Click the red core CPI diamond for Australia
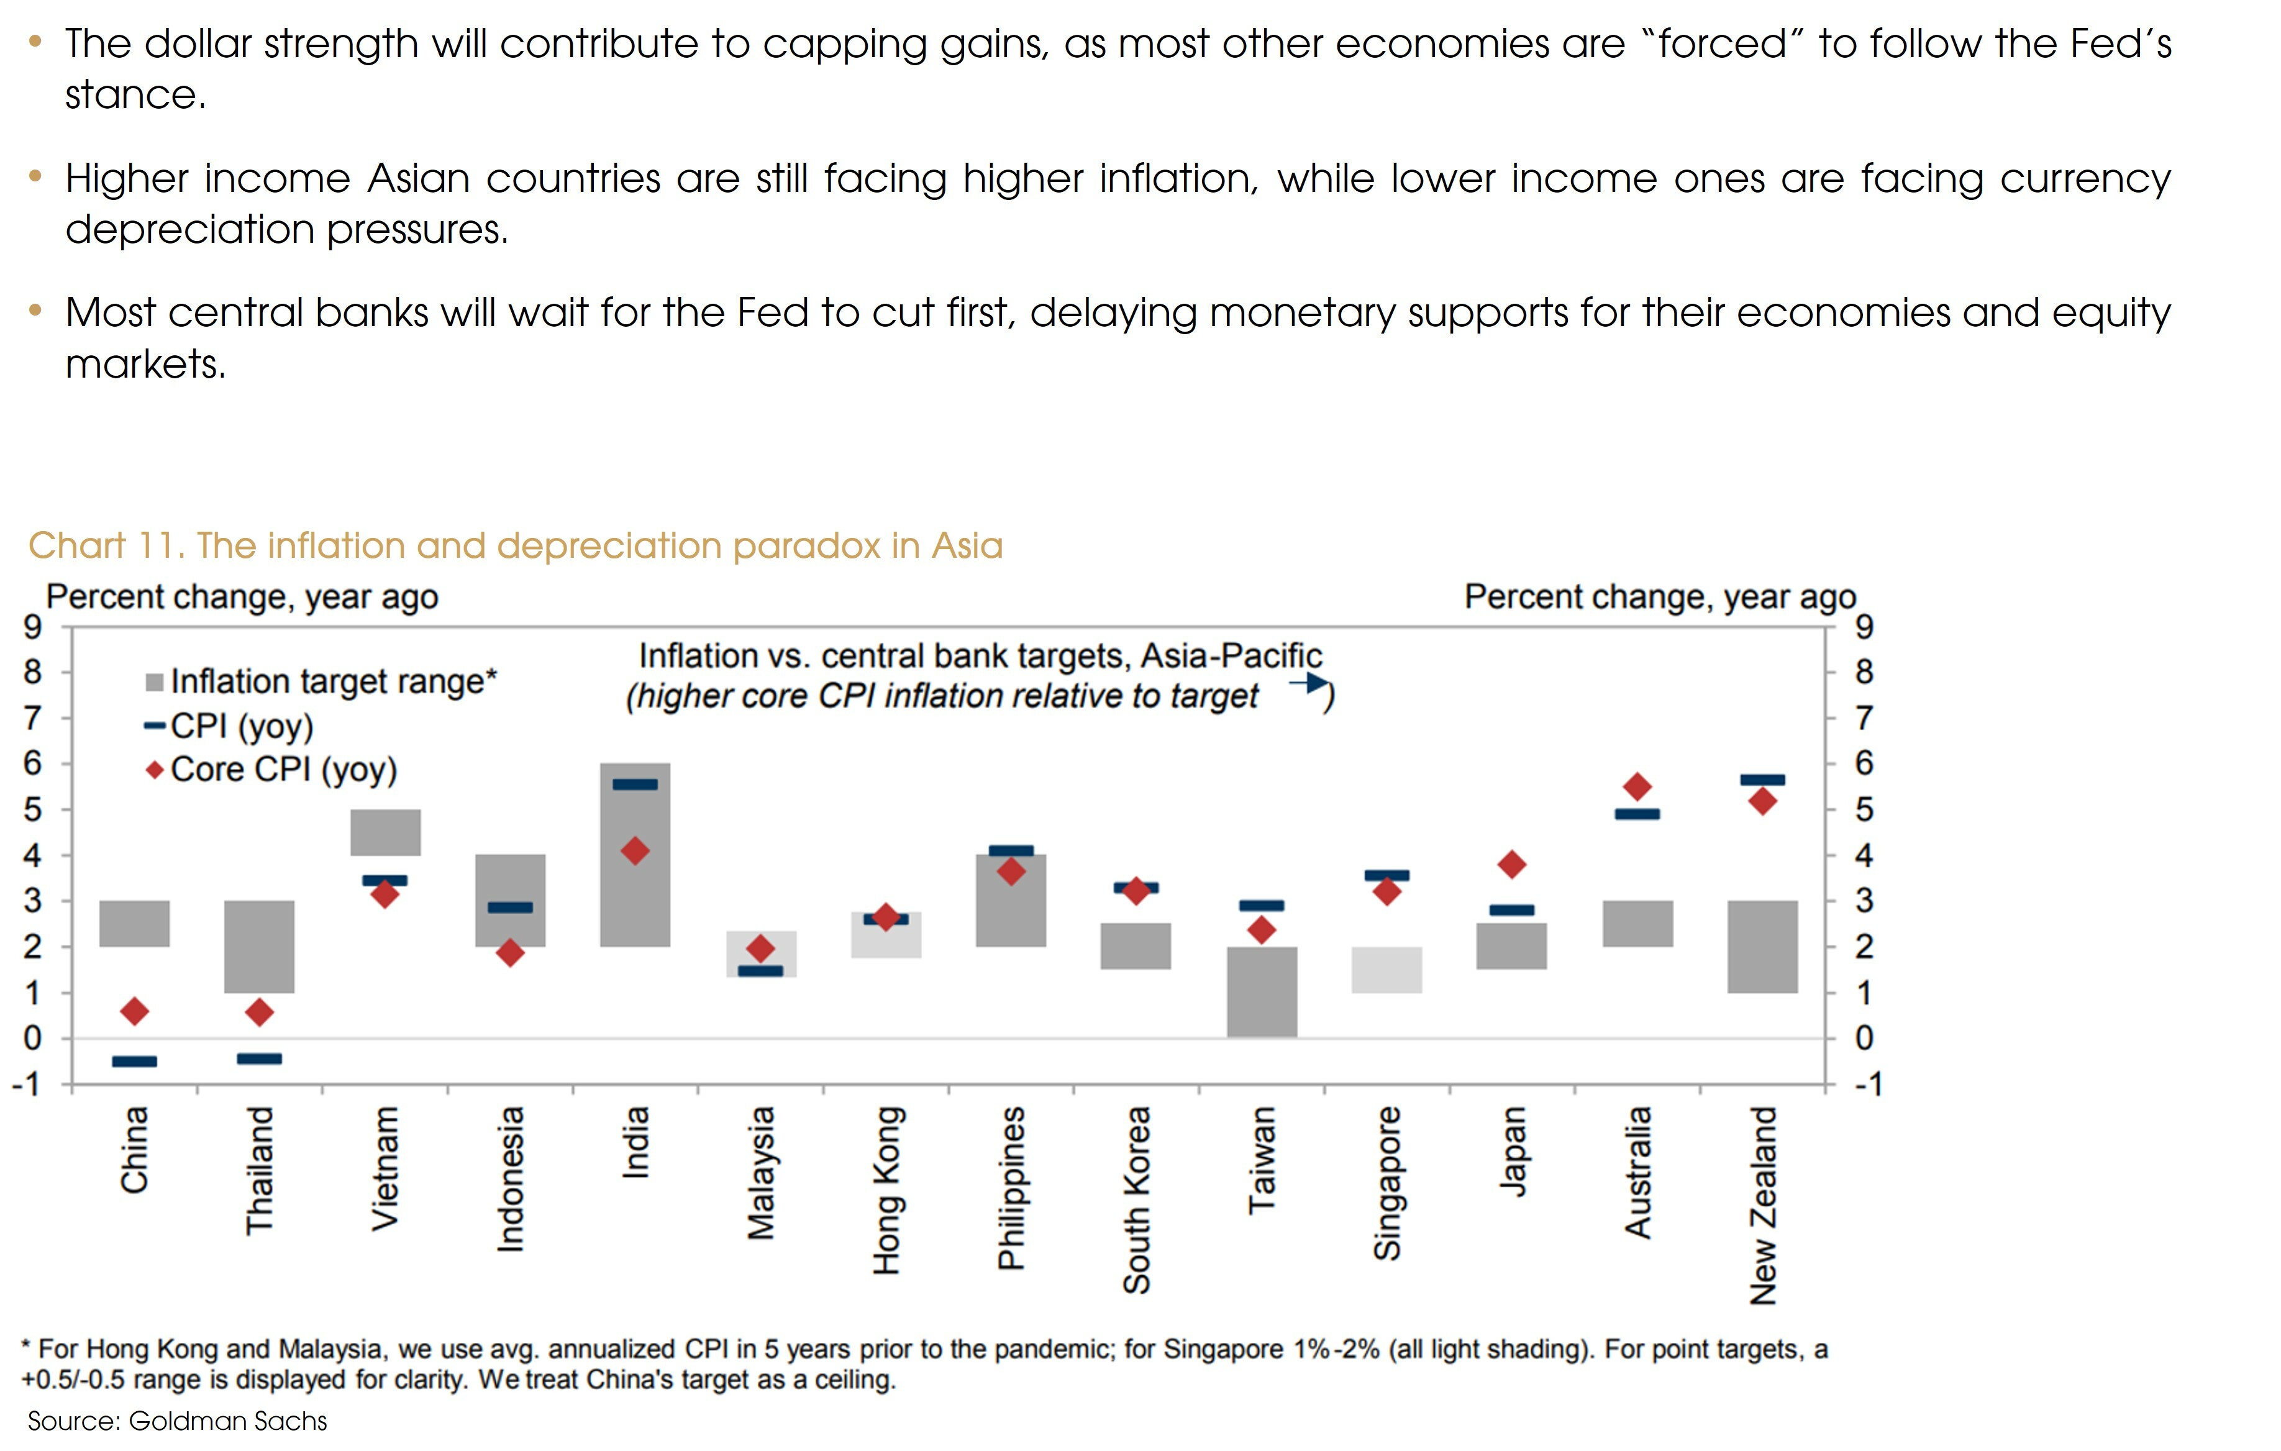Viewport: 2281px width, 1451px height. point(1637,786)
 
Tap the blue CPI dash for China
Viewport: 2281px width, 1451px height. point(135,1061)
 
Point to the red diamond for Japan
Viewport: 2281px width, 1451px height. point(1512,864)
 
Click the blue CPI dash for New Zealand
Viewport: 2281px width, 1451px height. point(1762,780)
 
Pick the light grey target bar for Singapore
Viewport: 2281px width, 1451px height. point(1386,969)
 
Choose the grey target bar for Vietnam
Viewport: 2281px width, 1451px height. point(385,832)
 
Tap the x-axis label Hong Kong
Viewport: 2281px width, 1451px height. point(886,1191)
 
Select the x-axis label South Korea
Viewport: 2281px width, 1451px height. point(1136,1200)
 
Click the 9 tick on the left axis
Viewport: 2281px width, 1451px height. point(33,626)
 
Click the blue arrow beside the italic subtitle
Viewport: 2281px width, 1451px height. point(1308,682)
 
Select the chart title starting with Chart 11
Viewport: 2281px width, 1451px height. point(516,545)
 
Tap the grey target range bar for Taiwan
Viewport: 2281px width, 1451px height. point(1262,991)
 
